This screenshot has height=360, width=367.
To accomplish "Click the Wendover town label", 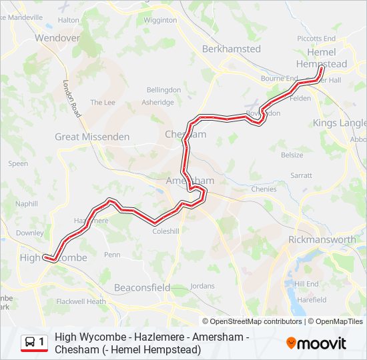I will click(x=57, y=38).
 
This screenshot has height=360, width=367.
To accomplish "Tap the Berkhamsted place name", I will click(x=231, y=49).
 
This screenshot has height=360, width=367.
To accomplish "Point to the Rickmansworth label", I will click(x=322, y=239).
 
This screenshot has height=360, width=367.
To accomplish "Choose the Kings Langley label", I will click(x=339, y=123).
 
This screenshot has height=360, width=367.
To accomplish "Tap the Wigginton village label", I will click(x=159, y=20).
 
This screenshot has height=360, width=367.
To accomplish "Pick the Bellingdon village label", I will click(x=163, y=89).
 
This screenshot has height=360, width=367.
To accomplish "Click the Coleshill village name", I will click(x=166, y=231).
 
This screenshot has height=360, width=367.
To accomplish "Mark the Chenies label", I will click(x=264, y=189).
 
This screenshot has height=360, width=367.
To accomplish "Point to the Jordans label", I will click(x=202, y=285).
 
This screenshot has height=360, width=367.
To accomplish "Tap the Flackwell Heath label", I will click(x=81, y=301).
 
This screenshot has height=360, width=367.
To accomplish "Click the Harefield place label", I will click(x=312, y=300).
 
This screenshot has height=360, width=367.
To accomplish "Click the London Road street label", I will click(x=71, y=99).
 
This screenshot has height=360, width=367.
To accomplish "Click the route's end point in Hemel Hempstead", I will click(x=321, y=69).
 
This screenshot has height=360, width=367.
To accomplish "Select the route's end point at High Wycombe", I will click(x=45, y=257).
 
